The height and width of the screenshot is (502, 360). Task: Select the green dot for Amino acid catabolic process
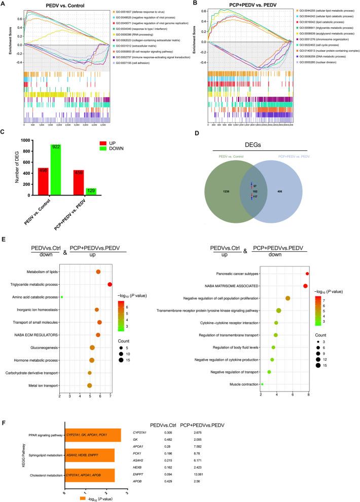pos(62,297)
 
